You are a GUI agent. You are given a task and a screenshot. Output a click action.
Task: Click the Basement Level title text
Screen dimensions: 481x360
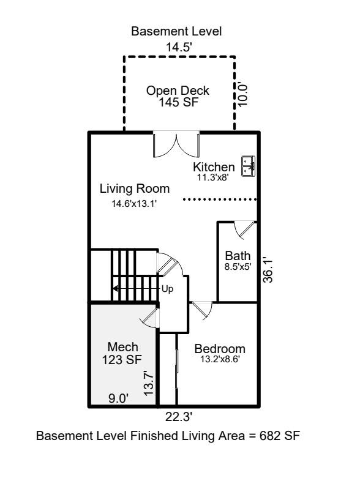[176, 31]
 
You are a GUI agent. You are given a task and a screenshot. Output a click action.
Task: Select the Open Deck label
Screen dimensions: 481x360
[178, 91]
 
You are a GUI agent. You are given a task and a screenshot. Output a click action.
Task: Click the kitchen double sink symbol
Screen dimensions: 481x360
[249, 165]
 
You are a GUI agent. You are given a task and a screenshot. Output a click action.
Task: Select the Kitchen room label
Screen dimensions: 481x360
[214, 167]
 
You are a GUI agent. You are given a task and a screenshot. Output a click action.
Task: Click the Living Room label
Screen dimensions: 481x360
[135, 188]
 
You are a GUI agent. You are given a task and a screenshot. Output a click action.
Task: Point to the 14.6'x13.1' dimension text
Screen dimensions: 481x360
[135, 204]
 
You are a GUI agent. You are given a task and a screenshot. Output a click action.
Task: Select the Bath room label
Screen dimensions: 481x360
[238, 256]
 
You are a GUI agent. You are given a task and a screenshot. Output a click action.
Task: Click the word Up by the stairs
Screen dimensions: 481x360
[167, 288]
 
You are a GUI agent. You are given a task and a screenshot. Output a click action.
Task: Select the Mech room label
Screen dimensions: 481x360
[122, 347]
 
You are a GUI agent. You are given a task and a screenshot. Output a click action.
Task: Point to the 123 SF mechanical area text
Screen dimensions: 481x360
[122, 360]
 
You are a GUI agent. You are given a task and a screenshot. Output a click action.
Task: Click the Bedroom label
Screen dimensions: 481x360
[220, 349]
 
